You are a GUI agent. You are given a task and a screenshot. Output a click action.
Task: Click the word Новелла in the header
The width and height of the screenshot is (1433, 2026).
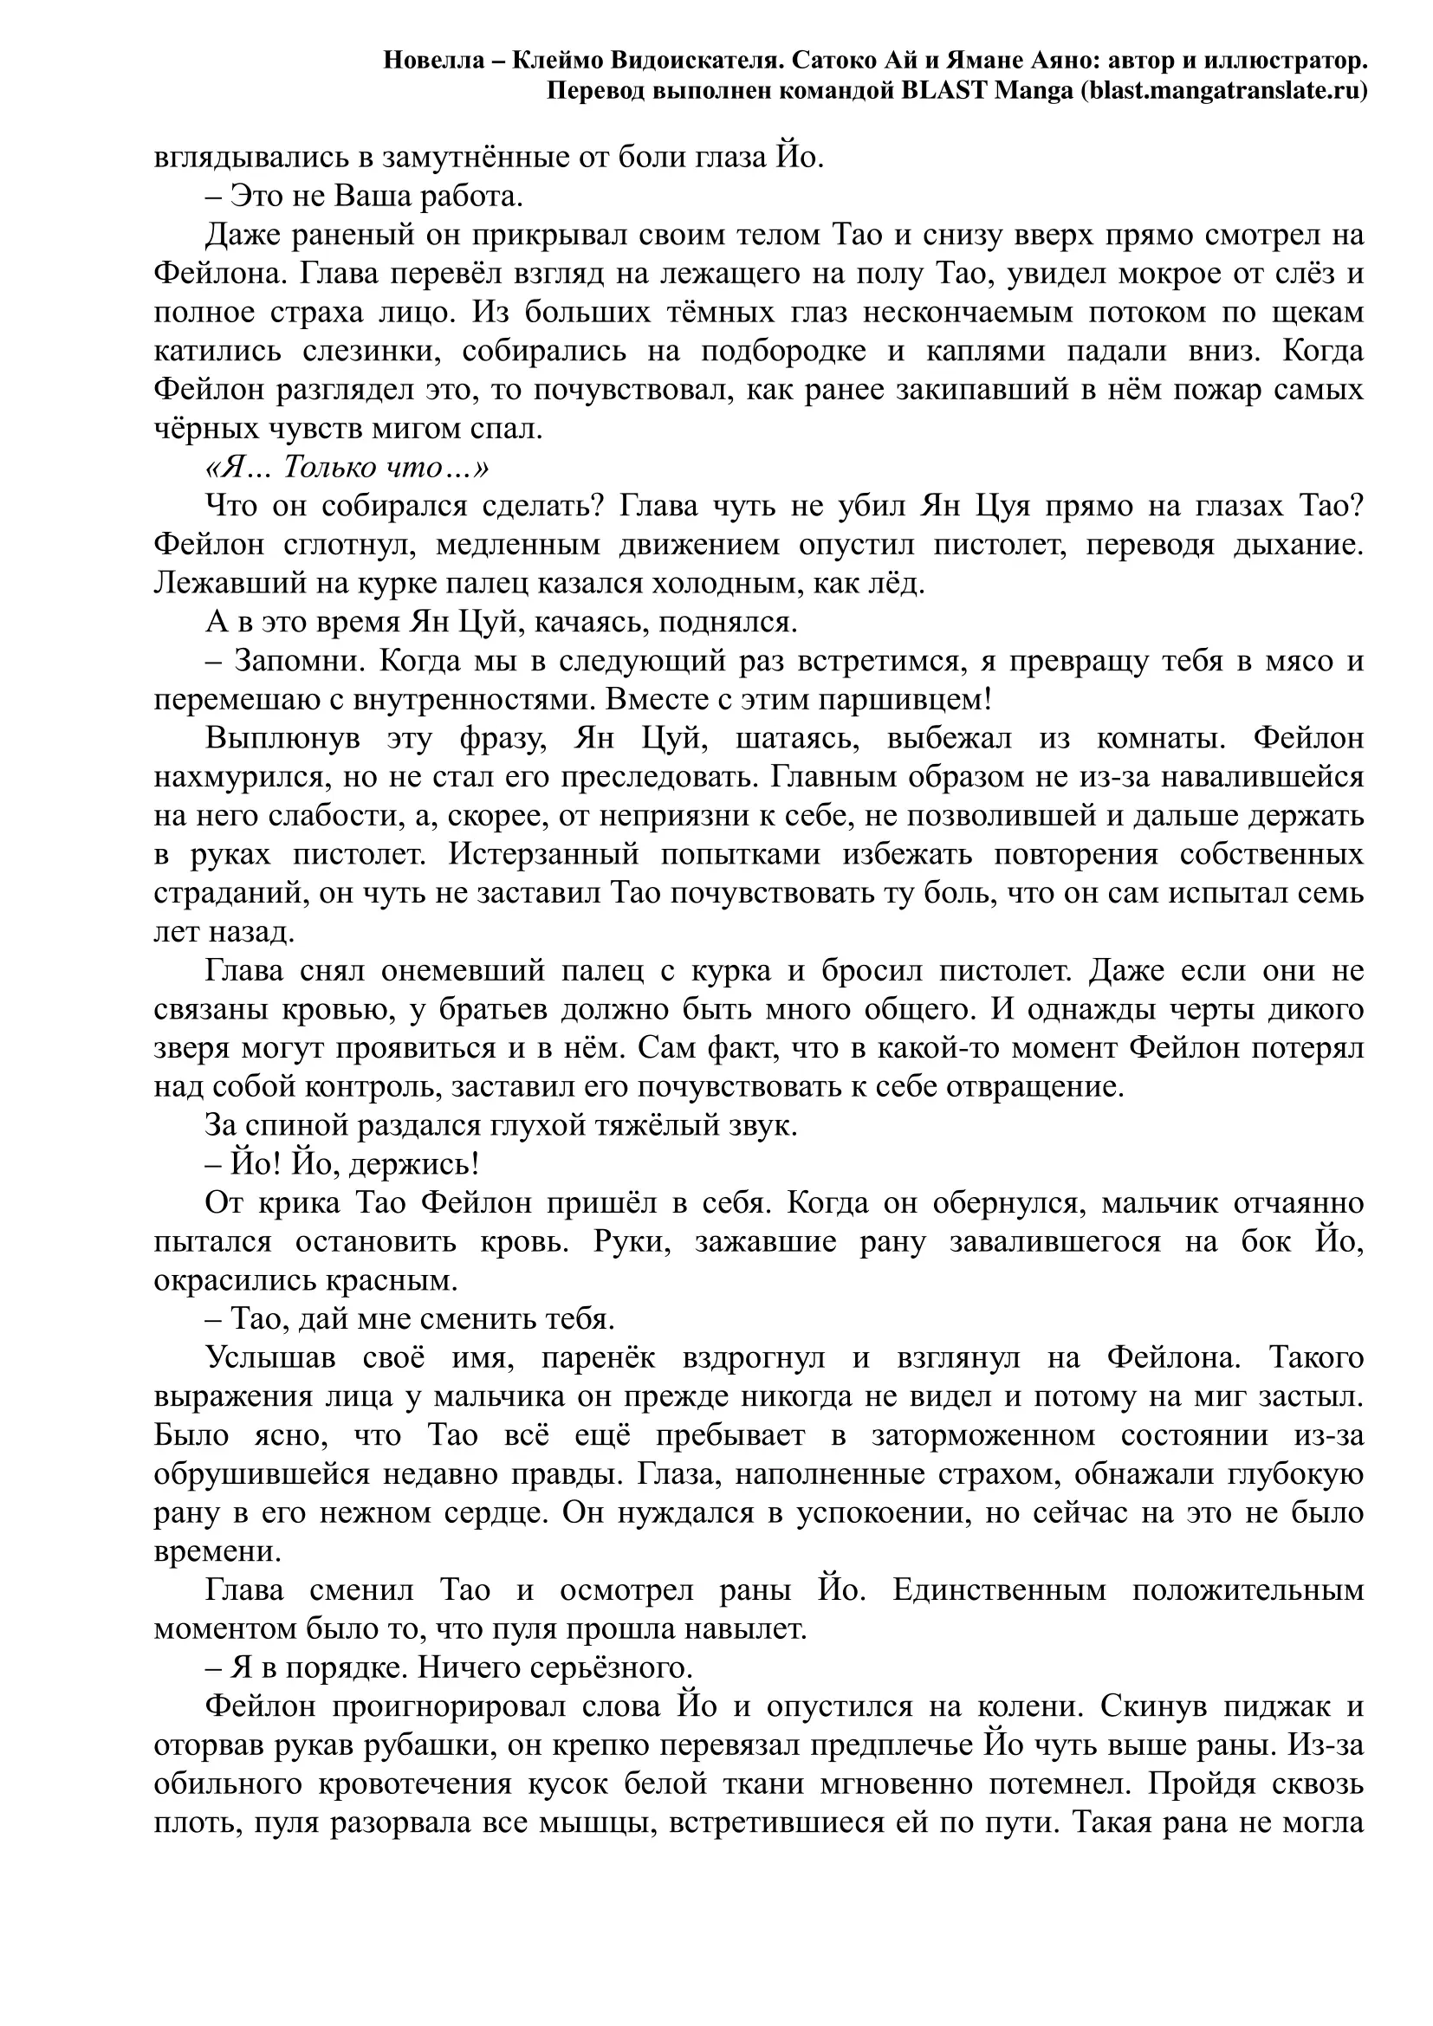433,61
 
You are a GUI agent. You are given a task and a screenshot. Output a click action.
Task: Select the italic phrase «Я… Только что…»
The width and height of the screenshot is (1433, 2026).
347,468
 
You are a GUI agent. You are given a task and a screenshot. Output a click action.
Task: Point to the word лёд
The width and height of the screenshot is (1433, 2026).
898,584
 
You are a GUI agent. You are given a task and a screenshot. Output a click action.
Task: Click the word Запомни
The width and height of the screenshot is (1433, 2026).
293,662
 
